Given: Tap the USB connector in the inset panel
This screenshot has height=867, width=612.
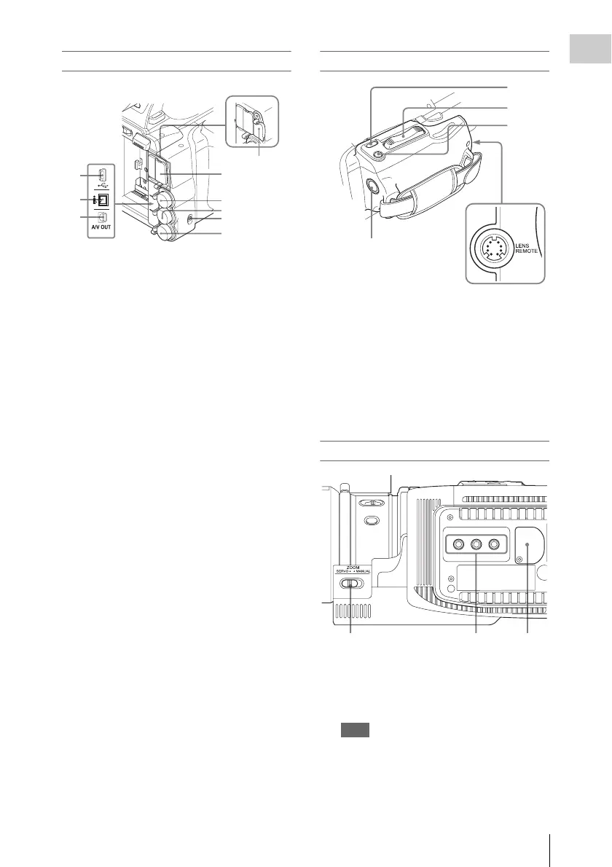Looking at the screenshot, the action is (102, 176).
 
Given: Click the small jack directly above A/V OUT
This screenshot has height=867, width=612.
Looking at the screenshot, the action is (103, 216).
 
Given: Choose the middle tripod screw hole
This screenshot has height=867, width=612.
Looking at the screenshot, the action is (477, 543).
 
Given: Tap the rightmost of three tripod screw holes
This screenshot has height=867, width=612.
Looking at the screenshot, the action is (496, 543).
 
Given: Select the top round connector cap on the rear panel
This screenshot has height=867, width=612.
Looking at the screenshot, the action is (160, 198).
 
